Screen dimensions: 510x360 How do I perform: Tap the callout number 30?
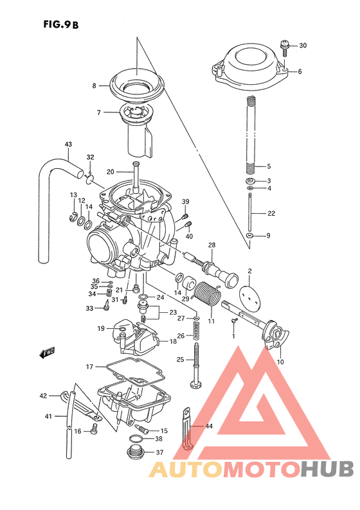coord(303,46)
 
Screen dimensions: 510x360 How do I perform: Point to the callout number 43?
coord(68,145)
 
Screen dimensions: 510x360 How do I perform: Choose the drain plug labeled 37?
coord(136,452)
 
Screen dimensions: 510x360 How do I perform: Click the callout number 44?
coord(209,426)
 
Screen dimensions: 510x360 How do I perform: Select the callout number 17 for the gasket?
coord(89,367)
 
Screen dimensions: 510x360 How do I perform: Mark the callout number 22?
coord(271,213)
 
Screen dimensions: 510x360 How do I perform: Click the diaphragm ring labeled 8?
coord(137,83)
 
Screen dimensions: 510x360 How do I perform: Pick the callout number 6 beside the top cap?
coord(300,71)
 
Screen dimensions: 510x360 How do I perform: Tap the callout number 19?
coord(101,328)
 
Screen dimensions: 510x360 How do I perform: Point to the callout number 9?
coord(268,236)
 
